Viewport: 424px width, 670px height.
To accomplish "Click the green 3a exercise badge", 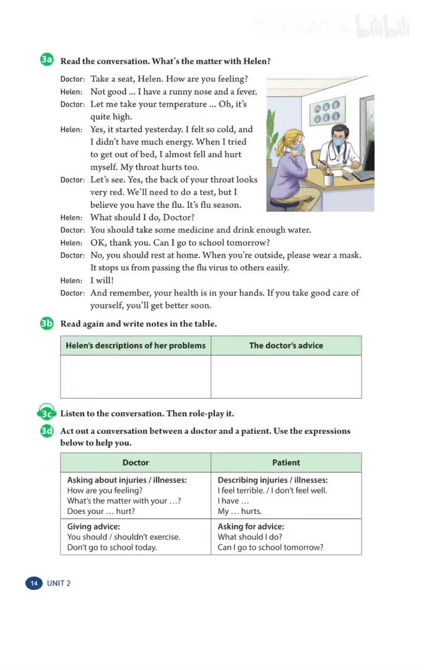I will click(x=47, y=60).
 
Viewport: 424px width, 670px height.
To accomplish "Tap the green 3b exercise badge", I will click(x=47, y=323).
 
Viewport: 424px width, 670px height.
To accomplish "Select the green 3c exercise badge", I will click(x=47, y=413).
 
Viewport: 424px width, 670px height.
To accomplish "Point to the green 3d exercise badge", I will click(x=47, y=431).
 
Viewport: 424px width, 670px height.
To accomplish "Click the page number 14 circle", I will click(x=34, y=583).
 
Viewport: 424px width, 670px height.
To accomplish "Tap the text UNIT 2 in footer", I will click(x=59, y=583).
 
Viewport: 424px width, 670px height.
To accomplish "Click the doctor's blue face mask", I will click(x=338, y=142).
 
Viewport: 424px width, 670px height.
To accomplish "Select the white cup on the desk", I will click(x=329, y=178).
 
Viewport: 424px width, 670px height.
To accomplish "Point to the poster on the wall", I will click(x=327, y=112).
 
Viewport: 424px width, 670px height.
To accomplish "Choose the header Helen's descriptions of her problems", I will click(x=135, y=346).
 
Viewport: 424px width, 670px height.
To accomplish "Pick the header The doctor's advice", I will click(x=286, y=346).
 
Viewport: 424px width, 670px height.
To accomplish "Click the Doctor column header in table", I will click(x=135, y=463).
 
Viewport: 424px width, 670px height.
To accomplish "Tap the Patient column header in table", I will click(x=286, y=463).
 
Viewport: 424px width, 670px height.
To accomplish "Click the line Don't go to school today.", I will click(x=112, y=548).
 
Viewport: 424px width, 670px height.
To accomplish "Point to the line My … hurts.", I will click(x=240, y=512).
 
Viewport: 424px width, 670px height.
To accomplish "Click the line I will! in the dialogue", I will click(x=102, y=280).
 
